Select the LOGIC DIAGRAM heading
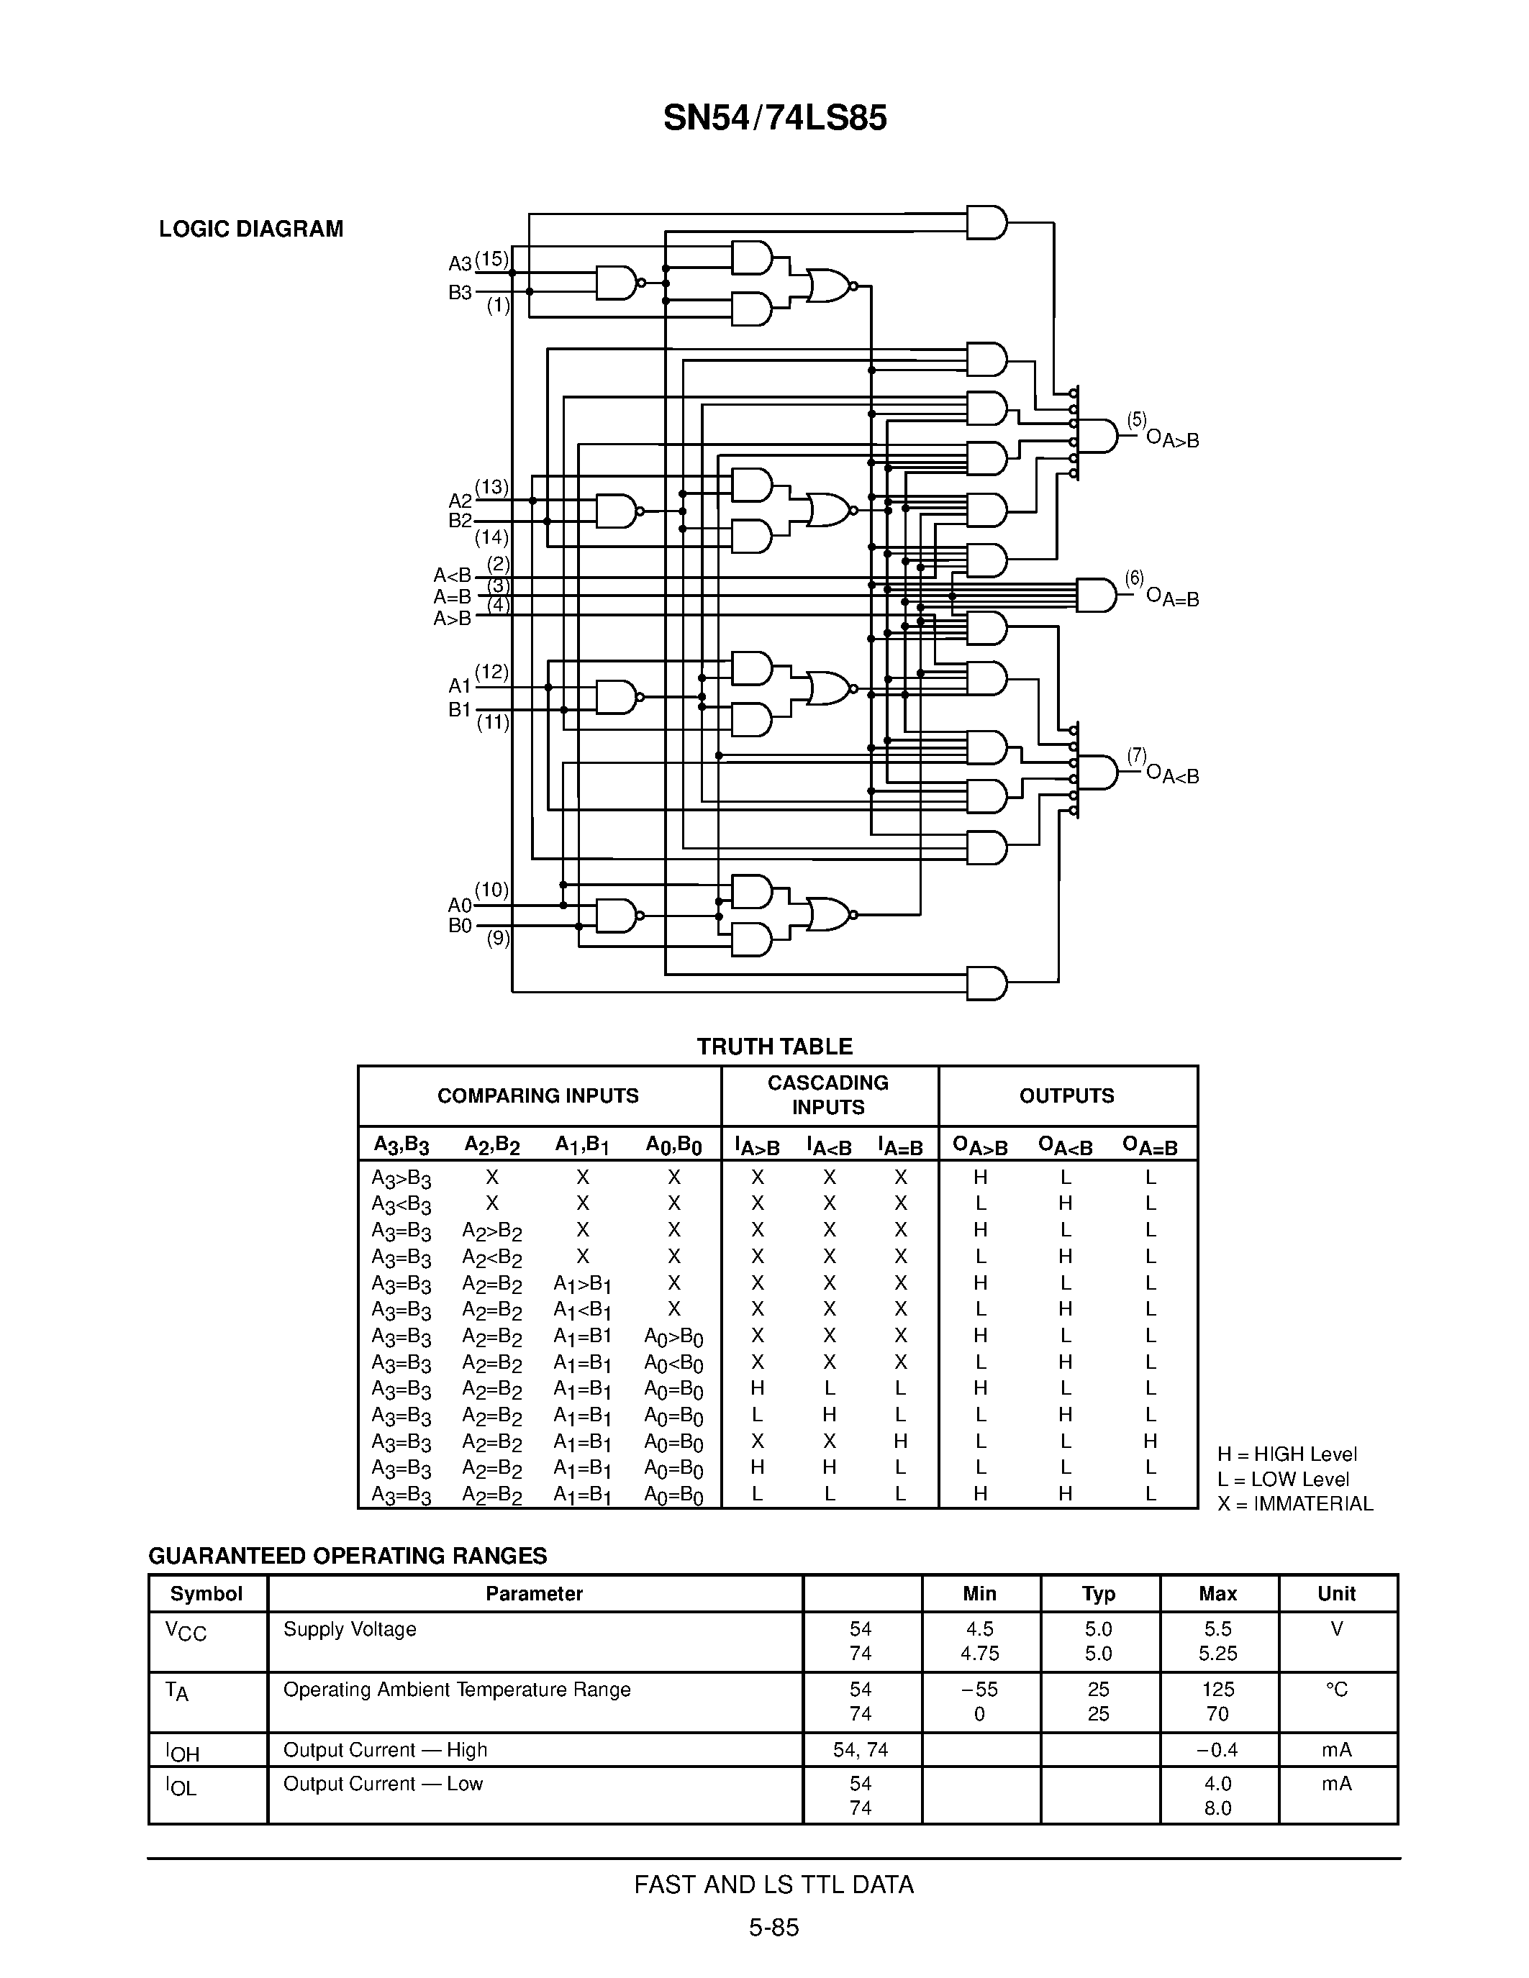pyautogui.click(x=251, y=229)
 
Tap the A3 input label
pyautogui.click(x=459, y=263)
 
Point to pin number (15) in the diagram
pyautogui.click(x=492, y=259)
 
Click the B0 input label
pyautogui.click(x=459, y=926)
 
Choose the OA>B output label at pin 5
pyautogui.click(x=1172, y=439)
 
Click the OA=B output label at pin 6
pyautogui.click(x=1172, y=598)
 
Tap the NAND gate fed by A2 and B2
pyautogui.click(x=616, y=511)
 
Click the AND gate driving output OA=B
pyautogui.click(x=1096, y=595)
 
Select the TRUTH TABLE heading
pyautogui.click(x=774, y=1047)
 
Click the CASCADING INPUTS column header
pyautogui.click(x=828, y=1095)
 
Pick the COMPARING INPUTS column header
pyautogui.click(x=538, y=1096)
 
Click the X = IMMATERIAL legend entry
pyautogui.click(x=1294, y=1503)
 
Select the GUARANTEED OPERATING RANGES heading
pyautogui.click(x=348, y=1556)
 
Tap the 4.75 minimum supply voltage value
pyautogui.click(x=979, y=1653)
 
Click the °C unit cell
pyautogui.click(x=1336, y=1689)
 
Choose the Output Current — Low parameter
pyautogui.click(x=384, y=1783)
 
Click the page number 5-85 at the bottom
pyautogui.click(x=773, y=1927)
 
